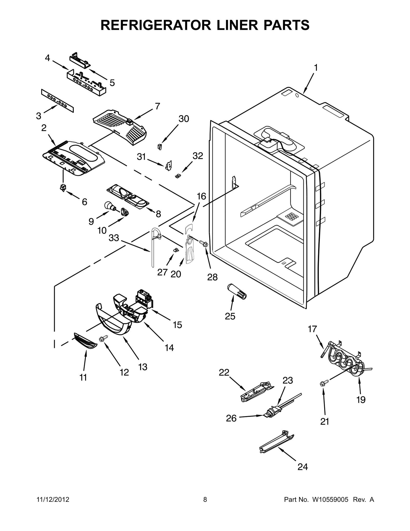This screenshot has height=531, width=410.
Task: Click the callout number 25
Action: tap(230, 316)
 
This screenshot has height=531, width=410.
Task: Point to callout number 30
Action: tap(184, 119)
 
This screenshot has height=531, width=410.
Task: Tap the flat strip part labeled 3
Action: tap(57, 101)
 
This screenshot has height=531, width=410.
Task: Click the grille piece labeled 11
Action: tap(85, 341)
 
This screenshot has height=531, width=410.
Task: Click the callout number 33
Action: tap(114, 238)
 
